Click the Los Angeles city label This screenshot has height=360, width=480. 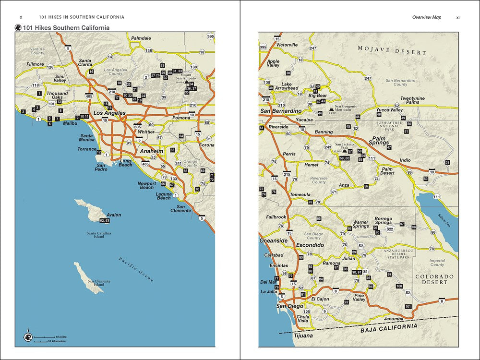pyautogui.click(x=109, y=113)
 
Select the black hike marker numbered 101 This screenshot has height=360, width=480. pyautogui.click(x=408, y=306)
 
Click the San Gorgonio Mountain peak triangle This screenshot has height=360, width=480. pyautogui.click(x=331, y=109)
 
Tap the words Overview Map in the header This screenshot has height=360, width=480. pyautogui.click(x=426, y=17)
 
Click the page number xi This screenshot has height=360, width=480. pyautogui.click(x=458, y=17)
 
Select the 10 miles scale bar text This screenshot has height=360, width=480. pyautogui.click(x=60, y=336)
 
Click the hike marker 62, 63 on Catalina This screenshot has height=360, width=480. pyautogui.click(x=104, y=220)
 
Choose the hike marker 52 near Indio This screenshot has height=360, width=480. pyautogui.click(x=447, y=162)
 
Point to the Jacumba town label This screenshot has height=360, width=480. pyautogui.click(x=394, y=318)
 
